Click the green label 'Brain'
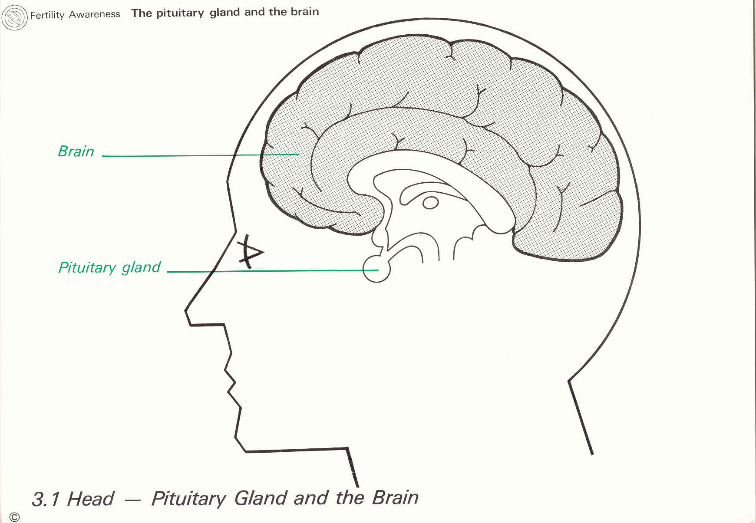76,151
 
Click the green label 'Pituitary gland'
109,267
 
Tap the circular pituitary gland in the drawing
376,269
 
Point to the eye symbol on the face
250,252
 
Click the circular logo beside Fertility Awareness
14,17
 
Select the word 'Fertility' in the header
47,15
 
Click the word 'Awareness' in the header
95,14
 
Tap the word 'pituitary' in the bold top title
180,13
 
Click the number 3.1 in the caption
46,499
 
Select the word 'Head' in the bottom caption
91,499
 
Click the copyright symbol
14,517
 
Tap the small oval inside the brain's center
430,203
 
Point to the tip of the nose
186,310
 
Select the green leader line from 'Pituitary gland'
269,271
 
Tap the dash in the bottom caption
133,500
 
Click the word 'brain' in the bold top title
304,12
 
